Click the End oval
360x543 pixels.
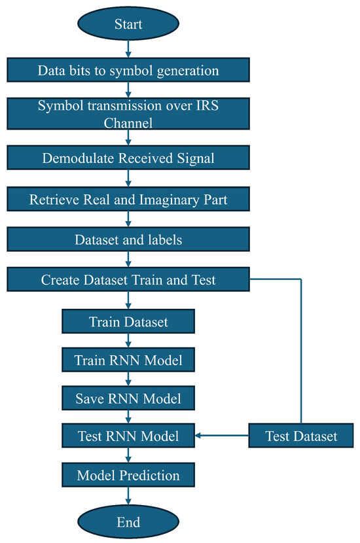pyautogui.click(x=128, y=521)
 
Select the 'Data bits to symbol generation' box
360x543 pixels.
pyautogui.click(x=128, y=70)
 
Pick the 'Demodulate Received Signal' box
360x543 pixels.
pyautogui.click(x=128, y=158)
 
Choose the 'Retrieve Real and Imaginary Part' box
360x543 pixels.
pyautogui.click(x=128, y=199)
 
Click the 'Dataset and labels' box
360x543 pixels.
pyautogui.click(x=128, y=239)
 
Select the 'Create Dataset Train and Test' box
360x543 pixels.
pyautogui.click(x=128, y=280)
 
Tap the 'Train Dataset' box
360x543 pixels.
pyautogui.click(x=128, y=321)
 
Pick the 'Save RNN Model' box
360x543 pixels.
pyautogui.click(x=128, y=397)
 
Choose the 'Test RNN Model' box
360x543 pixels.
pyautogui.click(x=128, y=435)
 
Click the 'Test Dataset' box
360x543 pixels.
pyautogui.click(x=302, y=435)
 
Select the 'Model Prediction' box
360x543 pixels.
pyautogui.click(x=128, y=474)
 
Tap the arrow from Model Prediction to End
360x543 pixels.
pyautogui.click(x=128, y=496)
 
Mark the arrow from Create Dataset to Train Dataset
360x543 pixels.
pyautogui.click(x=128, y=300)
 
